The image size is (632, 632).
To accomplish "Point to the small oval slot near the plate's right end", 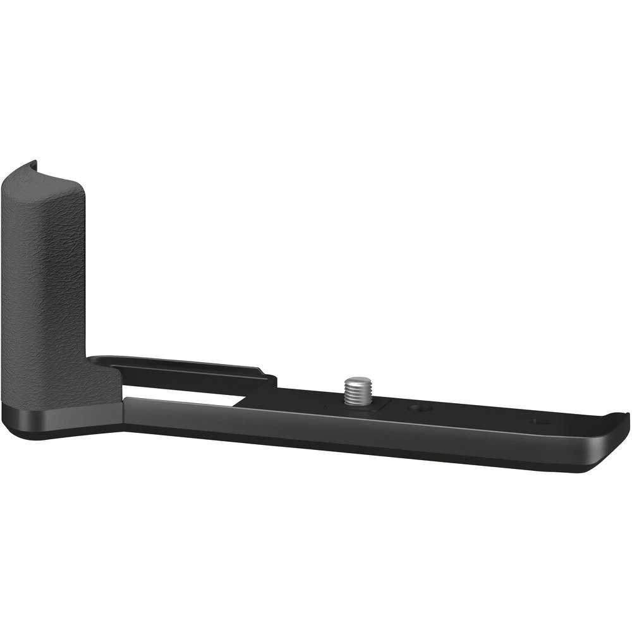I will [x=539, y=421].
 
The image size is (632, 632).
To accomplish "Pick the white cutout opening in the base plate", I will [x=183, y=393].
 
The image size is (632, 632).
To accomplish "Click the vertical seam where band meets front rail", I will [x=123, y=414].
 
